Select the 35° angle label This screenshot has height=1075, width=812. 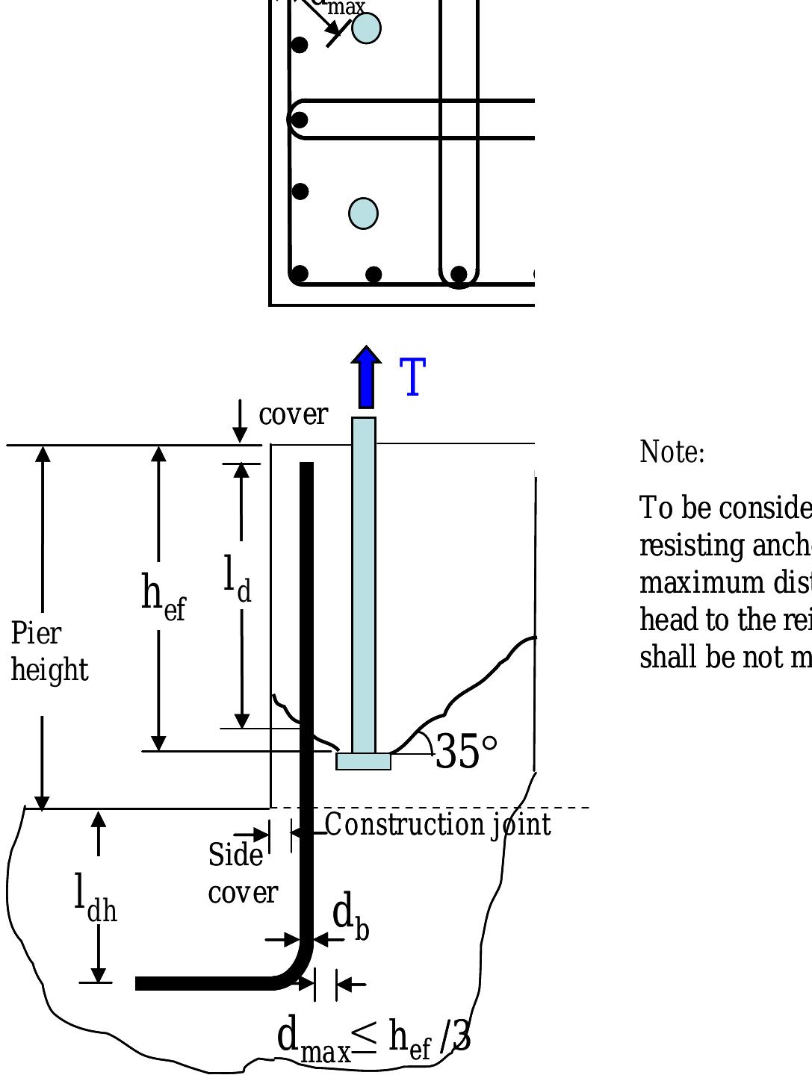[x=465, y=752]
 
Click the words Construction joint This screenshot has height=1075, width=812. [x=438, y=825]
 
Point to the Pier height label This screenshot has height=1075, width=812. [x=49, y=652]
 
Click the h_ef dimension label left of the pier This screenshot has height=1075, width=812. [x=163, y=596]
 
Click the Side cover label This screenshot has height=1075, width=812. [x=242, y=873]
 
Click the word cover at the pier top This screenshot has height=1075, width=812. [x=293, y=414]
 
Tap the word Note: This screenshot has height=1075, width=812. [x=672, y=452]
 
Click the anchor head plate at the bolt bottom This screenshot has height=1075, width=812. [x=363, y=761]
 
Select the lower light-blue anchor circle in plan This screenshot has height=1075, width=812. [x=364, y=214]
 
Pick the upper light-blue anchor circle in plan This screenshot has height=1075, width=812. [x=366, y=28]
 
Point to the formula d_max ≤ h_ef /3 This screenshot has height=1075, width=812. [x=374, y=1038]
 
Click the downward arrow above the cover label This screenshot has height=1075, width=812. [x=240, y=422]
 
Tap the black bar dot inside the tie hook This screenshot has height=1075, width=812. [x=299, y=119]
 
